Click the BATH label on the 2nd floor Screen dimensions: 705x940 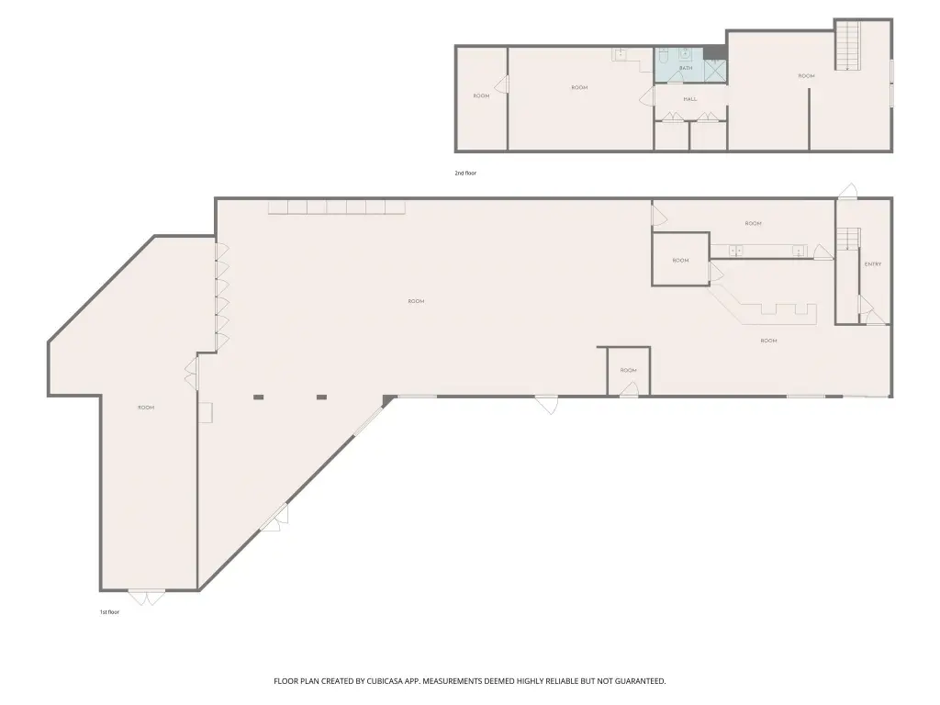[x=686, y=69]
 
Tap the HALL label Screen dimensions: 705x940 [x=689, y=99]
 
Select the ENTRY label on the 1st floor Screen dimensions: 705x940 [x=872, y=264]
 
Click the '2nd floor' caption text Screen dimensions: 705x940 [x=465, y=173]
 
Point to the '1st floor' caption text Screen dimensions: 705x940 [x=109, y=612]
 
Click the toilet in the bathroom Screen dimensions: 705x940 [x=663, y=56]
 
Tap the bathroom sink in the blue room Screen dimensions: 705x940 [x=686, y=54]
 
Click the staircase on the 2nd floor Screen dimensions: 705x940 [x=848, y=46]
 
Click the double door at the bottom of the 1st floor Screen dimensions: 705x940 [x=146, y=597]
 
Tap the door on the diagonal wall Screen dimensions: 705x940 [x=273, y=522]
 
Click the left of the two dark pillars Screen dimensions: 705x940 [x=259, y=397]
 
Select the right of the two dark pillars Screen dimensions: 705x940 [x=321, y=397]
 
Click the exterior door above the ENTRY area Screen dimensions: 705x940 [x=848, y=191]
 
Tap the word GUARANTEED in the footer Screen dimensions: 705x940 [x=634, y=681]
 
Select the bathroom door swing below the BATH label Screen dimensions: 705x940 [x=675, y=80]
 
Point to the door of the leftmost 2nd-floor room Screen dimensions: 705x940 [x=502, y=85]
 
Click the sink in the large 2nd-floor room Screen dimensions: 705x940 [x=621, y=54]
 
